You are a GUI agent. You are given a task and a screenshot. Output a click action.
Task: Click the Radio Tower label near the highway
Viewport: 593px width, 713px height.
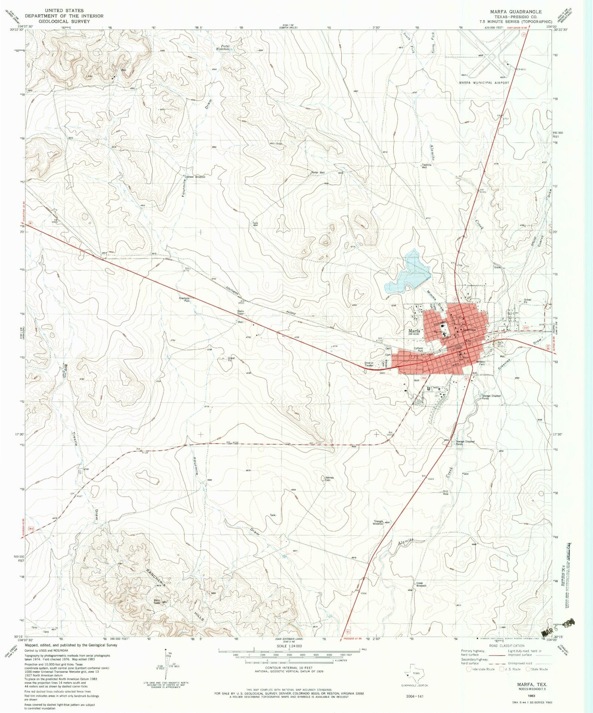click(240, 313)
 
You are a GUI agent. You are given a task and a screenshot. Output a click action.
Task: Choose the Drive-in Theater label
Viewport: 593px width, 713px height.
click(369, 364)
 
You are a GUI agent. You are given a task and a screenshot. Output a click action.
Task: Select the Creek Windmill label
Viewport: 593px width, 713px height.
click(421, 584)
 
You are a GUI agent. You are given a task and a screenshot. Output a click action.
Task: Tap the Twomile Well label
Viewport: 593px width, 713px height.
click(427, 166)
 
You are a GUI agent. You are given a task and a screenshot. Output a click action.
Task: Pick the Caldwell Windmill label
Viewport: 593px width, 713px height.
click(195, 177)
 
